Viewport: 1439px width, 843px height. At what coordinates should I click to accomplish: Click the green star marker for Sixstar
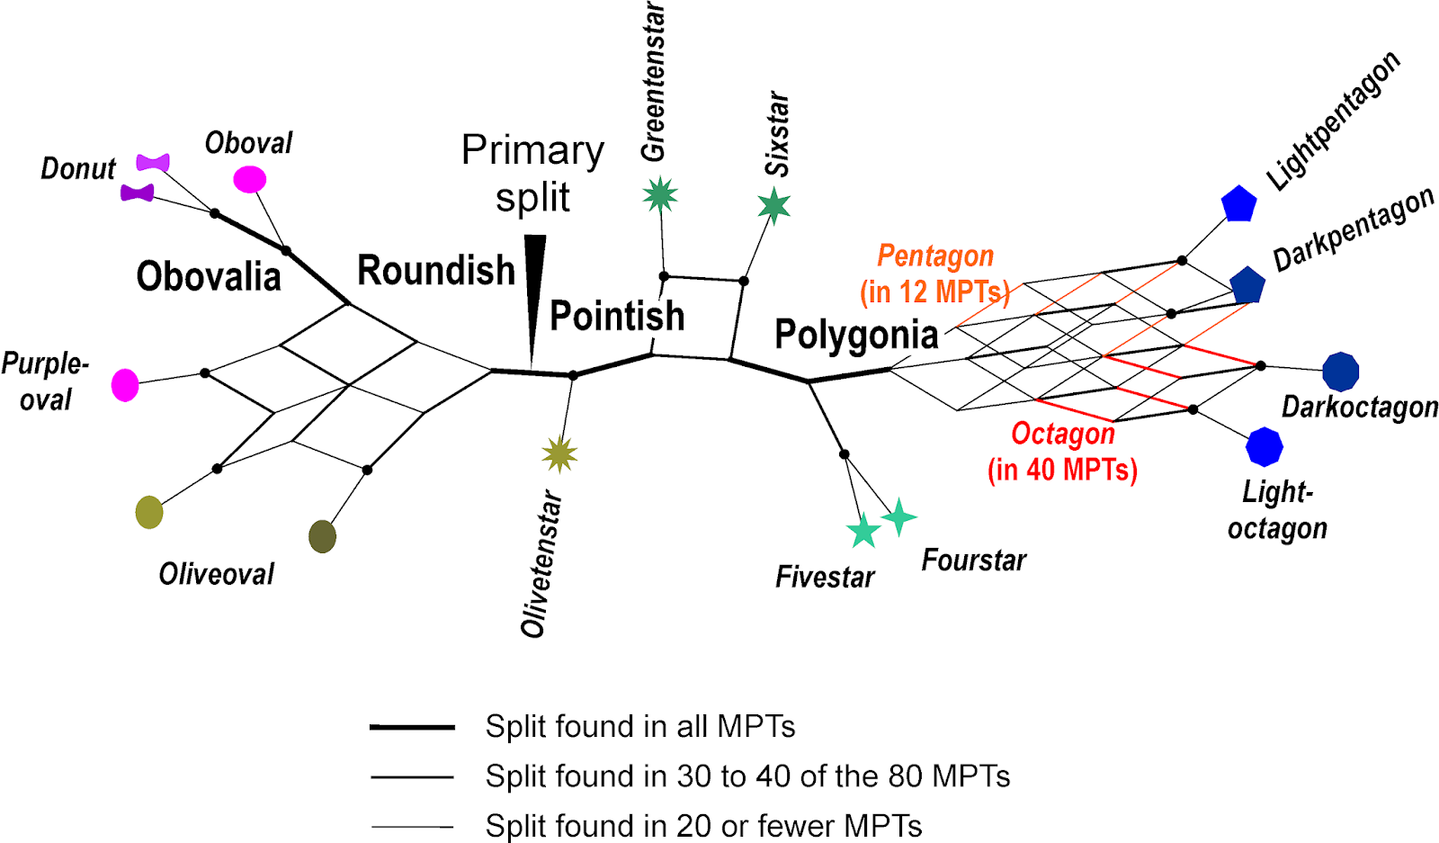[773, 206]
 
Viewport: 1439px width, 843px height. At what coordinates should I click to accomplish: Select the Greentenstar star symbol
[660, 195]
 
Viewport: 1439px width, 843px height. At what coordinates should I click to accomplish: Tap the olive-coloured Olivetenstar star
[559, 454]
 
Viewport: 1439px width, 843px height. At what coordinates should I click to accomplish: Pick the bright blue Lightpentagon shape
[1238, 204]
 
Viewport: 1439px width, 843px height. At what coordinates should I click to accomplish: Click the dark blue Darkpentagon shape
[1247, 285]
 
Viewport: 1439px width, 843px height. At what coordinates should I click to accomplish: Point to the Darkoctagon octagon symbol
[1340, 371]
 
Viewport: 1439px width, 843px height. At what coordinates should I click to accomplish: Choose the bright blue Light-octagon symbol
[1264, 446]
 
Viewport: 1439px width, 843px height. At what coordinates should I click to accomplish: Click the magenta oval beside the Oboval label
[249, 179]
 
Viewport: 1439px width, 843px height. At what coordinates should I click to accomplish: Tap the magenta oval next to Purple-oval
[125, 385]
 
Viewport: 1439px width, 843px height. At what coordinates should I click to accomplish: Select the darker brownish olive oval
[322, 536]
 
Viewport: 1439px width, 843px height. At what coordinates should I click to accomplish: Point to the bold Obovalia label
[209, 276]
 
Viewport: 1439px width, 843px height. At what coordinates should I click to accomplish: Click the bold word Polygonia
[856, 335]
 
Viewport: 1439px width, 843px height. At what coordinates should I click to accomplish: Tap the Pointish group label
[617, 316]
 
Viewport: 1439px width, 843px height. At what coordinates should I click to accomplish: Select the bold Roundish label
[436, 270]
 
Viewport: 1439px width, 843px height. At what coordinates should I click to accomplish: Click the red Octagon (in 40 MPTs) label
[1062, 452]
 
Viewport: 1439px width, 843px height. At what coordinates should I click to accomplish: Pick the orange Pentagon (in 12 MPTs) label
[935, 274]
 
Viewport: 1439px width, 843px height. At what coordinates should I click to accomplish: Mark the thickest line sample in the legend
[412, 727]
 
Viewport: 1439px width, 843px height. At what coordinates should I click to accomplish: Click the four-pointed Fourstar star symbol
[898, 517]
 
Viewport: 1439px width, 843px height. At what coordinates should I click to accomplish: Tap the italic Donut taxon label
[78, 168]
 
